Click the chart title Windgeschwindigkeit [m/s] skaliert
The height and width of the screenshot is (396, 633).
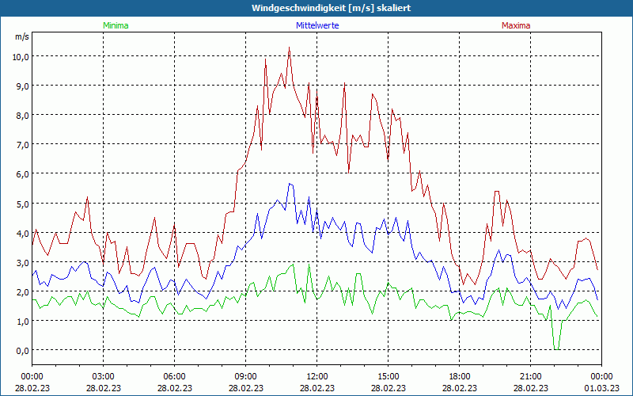coord(316,8)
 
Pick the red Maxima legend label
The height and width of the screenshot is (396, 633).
coord(515,25)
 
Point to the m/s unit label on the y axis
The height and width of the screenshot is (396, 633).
coord(21,37)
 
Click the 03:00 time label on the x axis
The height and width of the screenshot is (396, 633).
coord(103,376)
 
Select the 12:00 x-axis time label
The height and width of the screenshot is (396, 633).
coord(316,376)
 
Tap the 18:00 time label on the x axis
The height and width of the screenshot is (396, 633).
coord(459,376)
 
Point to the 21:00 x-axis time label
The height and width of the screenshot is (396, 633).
coord(530,376)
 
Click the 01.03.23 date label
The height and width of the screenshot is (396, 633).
coord(601,388)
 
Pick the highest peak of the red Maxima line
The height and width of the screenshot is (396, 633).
coord(290,48)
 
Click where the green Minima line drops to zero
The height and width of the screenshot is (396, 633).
coord(557,348)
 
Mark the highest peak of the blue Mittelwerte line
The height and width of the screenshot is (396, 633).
coord(290,184)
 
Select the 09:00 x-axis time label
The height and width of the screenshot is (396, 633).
coord(245,376)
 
